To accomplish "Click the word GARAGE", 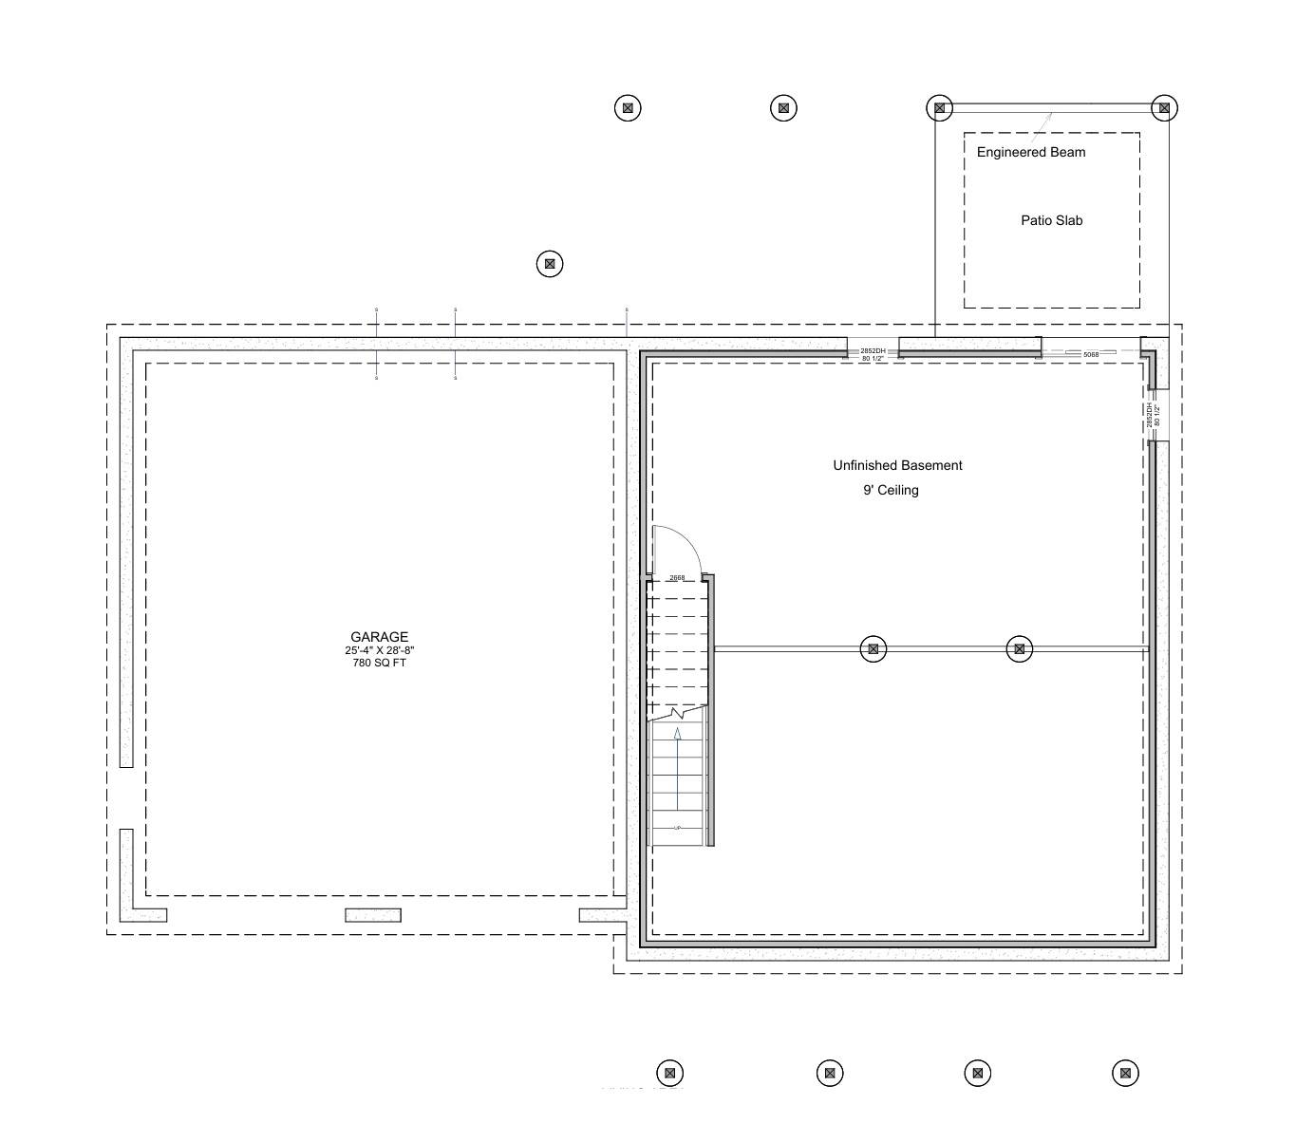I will (379, 637).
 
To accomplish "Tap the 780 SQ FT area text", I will (379, 663).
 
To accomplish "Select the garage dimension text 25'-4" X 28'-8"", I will (379, 650).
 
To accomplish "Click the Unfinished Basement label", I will (897, 465).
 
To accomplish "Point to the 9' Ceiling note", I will (891, 490).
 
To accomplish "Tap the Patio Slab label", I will (1051, 220).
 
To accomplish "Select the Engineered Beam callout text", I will (1030, 152).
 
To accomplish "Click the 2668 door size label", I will (677, 577).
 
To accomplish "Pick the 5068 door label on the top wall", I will (1090, 354).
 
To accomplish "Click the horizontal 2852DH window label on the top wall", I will (873, 351).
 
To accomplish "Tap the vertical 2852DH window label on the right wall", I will (1150, 415).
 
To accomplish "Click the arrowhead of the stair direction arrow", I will (677, 734).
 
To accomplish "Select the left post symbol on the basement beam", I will (873, 649).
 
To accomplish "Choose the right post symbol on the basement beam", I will (1019, 649).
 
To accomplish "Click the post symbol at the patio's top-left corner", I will (939, 108).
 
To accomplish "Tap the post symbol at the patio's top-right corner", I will (1164, 108).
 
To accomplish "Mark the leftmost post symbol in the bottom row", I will (669, 1074).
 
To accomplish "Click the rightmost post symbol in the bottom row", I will (1125, 1074).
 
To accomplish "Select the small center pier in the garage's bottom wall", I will (373, 915).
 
